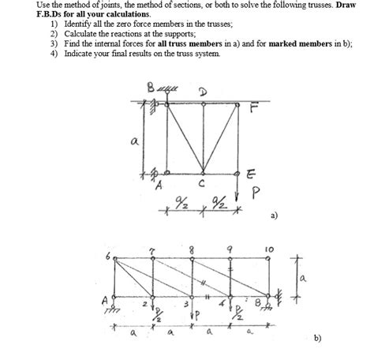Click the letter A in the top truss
[158, 186]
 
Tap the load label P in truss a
[255, 192]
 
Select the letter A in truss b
[103, 299]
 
